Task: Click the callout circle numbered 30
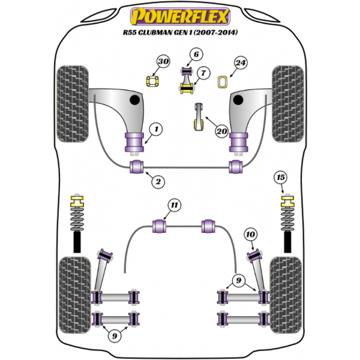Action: coord(163,61)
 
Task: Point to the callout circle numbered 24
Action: coord(241,62)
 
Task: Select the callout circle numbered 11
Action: coord(174,206)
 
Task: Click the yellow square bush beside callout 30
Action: coord(153,80)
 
